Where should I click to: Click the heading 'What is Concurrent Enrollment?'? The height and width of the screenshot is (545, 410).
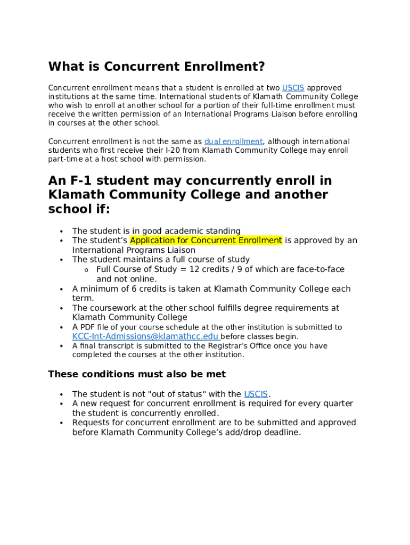[x=157, y=67]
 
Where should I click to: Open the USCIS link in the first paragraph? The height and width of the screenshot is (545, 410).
[x=293, y=88]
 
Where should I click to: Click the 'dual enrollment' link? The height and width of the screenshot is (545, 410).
[x=233, y=142]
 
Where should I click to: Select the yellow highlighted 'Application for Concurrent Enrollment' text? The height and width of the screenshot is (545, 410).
[x=206, y=241]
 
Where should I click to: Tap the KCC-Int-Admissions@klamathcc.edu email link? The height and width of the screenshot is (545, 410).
[x=145, y=337]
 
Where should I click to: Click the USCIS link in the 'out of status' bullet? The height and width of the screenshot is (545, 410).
[x=256, y=394]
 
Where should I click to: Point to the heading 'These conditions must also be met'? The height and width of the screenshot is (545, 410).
[x=137, y=374]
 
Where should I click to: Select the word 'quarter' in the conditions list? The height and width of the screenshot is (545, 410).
[x=338, y=403]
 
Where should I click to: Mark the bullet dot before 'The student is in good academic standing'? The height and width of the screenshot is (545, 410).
[x=62, y=232]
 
